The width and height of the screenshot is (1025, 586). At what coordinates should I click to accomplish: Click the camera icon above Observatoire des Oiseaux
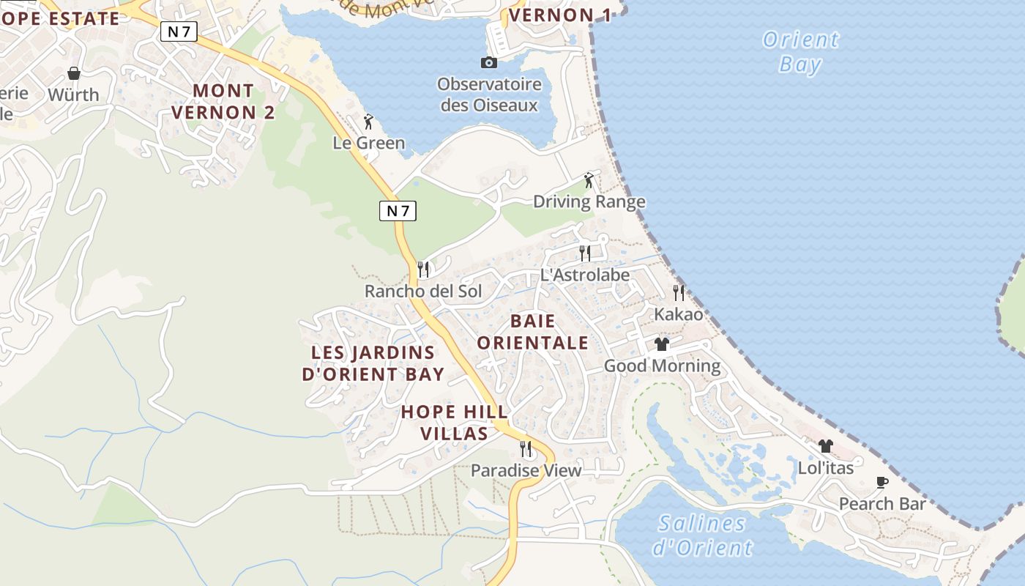(x=488, y=63)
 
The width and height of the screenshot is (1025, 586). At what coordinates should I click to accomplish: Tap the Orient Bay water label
(x=800, y=51)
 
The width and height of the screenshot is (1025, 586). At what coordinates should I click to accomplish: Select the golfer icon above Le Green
(x=368, y=122)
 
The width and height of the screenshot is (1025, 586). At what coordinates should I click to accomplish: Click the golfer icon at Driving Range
(x=589, y=180)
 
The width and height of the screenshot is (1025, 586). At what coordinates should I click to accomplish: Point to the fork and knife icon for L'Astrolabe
(x=585, y=253)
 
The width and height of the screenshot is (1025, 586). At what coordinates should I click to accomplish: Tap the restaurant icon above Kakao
(x=679, y=293)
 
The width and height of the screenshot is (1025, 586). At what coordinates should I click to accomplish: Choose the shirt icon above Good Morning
(x=662, y=344)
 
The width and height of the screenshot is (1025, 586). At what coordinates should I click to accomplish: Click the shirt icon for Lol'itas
(x=825, y=445)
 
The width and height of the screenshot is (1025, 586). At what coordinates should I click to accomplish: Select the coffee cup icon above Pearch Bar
(x=882, y=482)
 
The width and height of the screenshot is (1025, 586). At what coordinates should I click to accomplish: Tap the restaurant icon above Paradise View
(x=526, y=448)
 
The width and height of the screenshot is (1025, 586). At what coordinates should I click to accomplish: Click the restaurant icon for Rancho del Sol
(x=422, y=270)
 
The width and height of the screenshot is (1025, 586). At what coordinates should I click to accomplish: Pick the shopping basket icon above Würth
(x=73, y=73)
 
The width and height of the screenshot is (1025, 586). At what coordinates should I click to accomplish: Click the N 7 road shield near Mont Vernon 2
(x=179, y=31)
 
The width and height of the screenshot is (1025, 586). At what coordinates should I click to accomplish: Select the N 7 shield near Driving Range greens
(x=398, y=211)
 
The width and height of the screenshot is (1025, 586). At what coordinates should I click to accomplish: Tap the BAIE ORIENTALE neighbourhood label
(x=532, y=332)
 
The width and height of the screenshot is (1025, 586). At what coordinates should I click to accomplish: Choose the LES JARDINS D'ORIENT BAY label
(x=373, y=363)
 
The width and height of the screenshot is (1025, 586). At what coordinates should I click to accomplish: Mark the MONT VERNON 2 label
(x=234, y=102)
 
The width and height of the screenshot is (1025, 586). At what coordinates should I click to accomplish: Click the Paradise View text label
(x=526, y=470)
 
